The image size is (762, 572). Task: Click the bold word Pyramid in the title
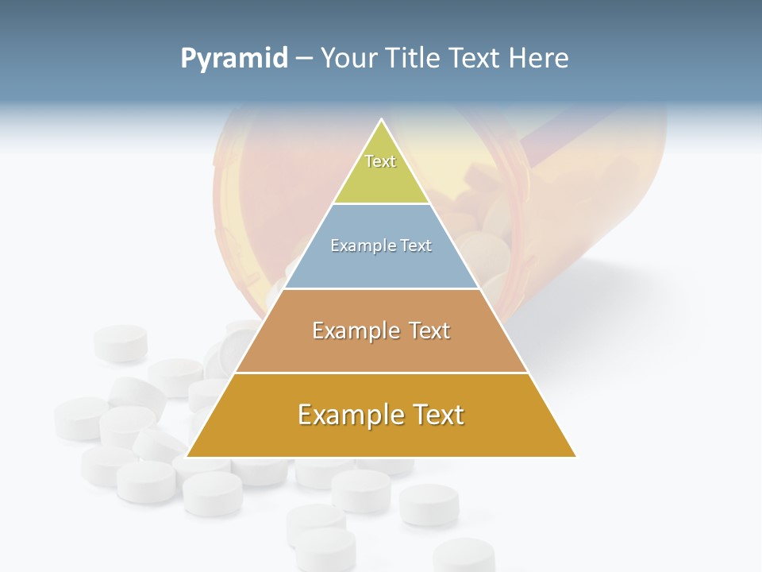pos(233,58)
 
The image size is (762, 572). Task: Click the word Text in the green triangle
pos(380,161)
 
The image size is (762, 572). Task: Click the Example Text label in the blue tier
pos(381,245)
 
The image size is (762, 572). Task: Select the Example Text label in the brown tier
pos(381,330)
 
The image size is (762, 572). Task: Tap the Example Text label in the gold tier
pos(381,415)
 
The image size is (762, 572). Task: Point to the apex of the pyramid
pos(382,120)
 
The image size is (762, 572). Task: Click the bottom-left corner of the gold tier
pos(188,456)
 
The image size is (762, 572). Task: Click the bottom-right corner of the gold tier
pos(575,456)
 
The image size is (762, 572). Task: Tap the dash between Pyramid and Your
pos(303,59)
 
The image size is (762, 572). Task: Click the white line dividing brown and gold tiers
pos(381,373)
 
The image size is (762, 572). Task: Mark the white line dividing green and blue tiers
pos(382,203)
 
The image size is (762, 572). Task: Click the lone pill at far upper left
pos(121,342)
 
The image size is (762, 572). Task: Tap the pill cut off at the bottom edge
pos(464,556)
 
